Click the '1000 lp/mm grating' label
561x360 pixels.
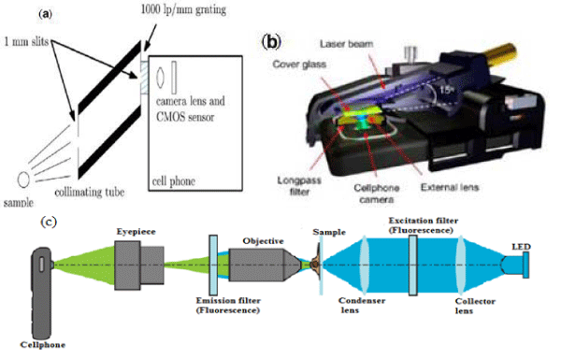(x=183, y=9)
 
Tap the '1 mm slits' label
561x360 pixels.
(x=26, y=41)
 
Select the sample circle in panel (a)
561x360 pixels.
(x=23, y=180)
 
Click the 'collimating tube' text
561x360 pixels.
(x=90, y=193)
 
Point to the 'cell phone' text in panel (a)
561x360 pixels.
(x=174, y=181)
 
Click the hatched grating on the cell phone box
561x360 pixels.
(x=144, y=78)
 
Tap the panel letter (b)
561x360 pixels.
(x=271, y=42)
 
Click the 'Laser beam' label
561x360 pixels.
(x=346, y=44)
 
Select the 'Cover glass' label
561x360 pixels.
(x=299, y=65)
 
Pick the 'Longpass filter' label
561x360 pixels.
(x=299, y=186)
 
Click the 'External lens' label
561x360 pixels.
(x=450, y=187)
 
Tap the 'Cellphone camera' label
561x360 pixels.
(x=377, y=194)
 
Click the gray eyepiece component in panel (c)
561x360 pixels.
(x=139, y=266)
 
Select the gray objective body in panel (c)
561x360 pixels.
(x=266, y=265)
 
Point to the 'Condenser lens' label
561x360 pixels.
(x=362, y=305)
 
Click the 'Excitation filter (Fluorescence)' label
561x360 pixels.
(x=424, y=225)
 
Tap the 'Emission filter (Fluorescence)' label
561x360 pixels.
(x=228, y=305)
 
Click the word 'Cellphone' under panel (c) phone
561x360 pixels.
(x=43, y=345)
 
